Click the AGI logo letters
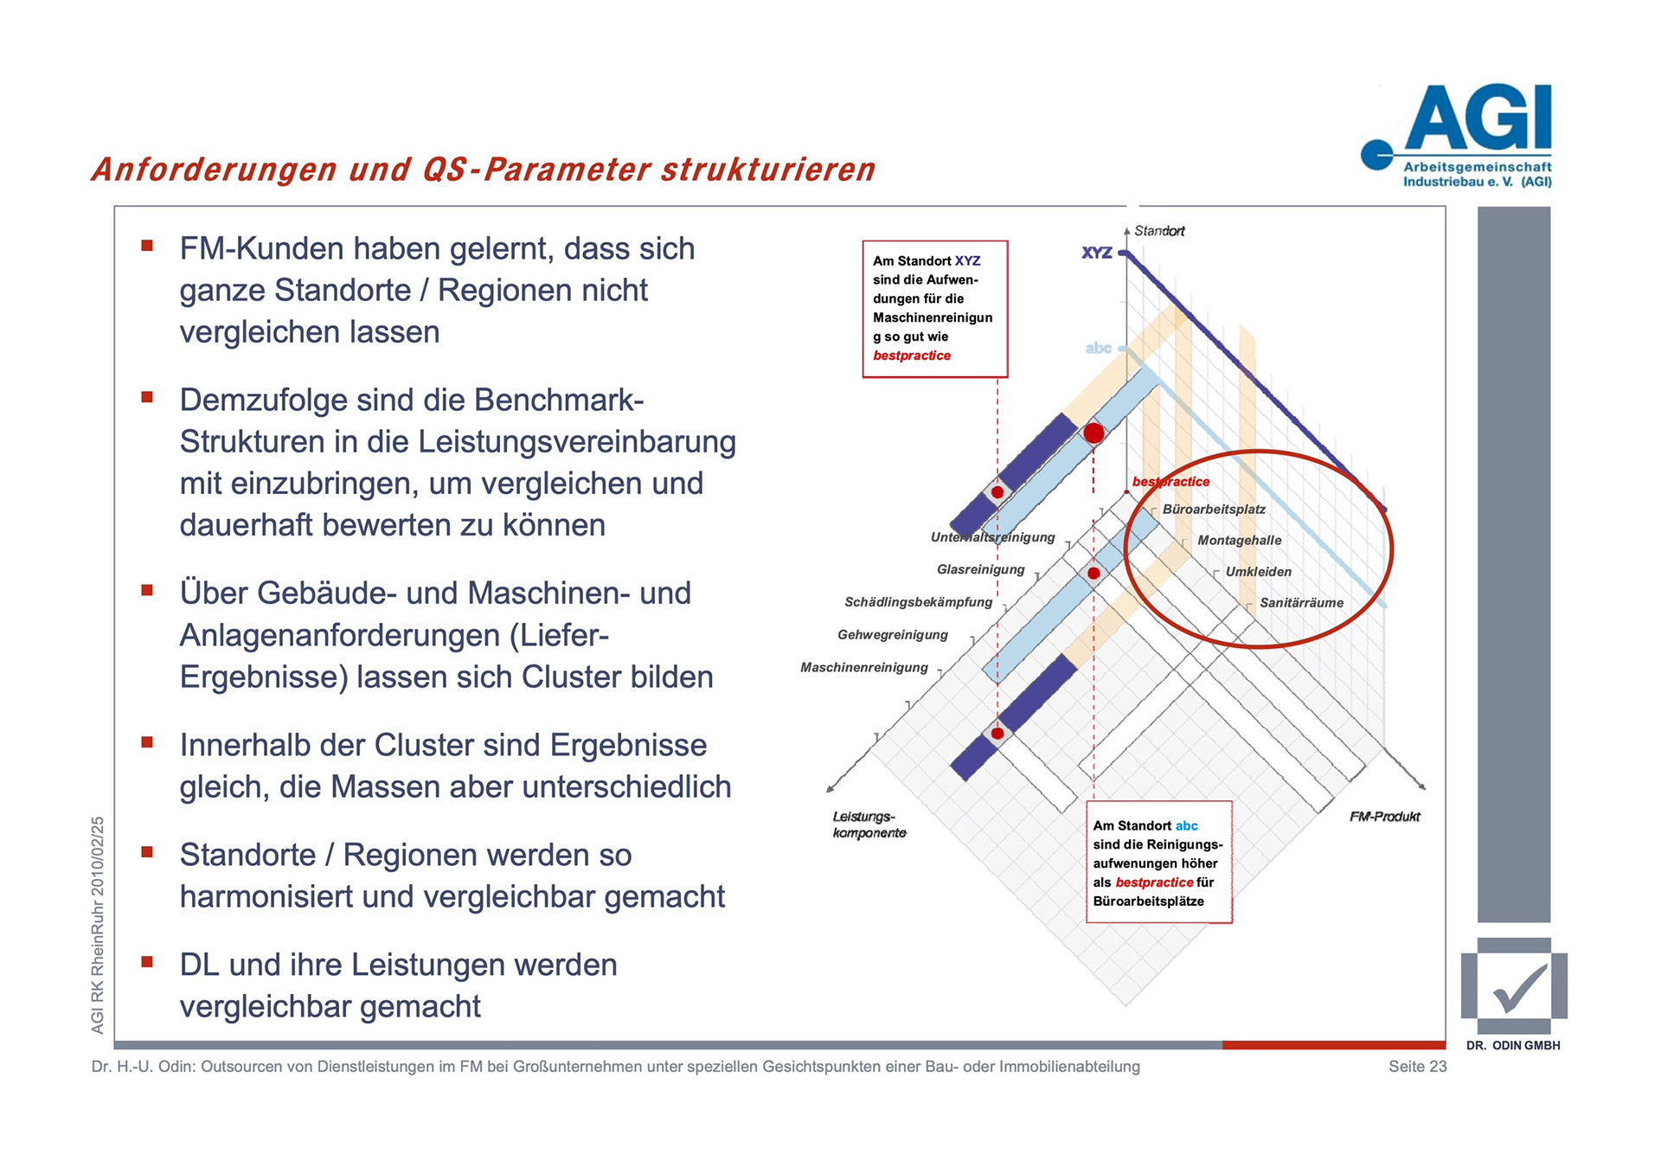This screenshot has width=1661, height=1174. click(1478, 119)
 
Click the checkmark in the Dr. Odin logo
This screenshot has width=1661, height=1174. click(1519, 989)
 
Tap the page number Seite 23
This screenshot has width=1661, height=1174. click(1417, 1067)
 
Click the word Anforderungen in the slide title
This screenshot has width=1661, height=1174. click(215, 170)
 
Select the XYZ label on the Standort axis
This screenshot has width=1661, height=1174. click(1096, 253)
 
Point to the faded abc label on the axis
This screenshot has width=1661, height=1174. click(1098, 348)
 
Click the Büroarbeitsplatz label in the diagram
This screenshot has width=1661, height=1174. click(1214, 510)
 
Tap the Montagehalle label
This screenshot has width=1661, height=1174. click(1239, 541)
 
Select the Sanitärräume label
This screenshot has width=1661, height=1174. click(1301, 603)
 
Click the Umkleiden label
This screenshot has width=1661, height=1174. click(1258, 572)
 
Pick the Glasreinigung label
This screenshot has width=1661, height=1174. click(980, 569)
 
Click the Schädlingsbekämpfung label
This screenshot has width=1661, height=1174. click(918, 602)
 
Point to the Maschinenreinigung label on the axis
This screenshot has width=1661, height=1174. click(863, 668)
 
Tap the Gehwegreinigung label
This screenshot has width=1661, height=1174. click(892, 635)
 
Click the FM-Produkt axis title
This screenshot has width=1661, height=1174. click(1384, 817)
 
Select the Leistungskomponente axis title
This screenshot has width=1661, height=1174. click(869, 824)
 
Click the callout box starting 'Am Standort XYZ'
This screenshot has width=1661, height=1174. click(934, 309)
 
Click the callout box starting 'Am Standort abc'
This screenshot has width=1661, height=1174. click(1158, 863)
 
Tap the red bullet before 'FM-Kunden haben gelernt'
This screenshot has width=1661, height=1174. click(147, 246)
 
